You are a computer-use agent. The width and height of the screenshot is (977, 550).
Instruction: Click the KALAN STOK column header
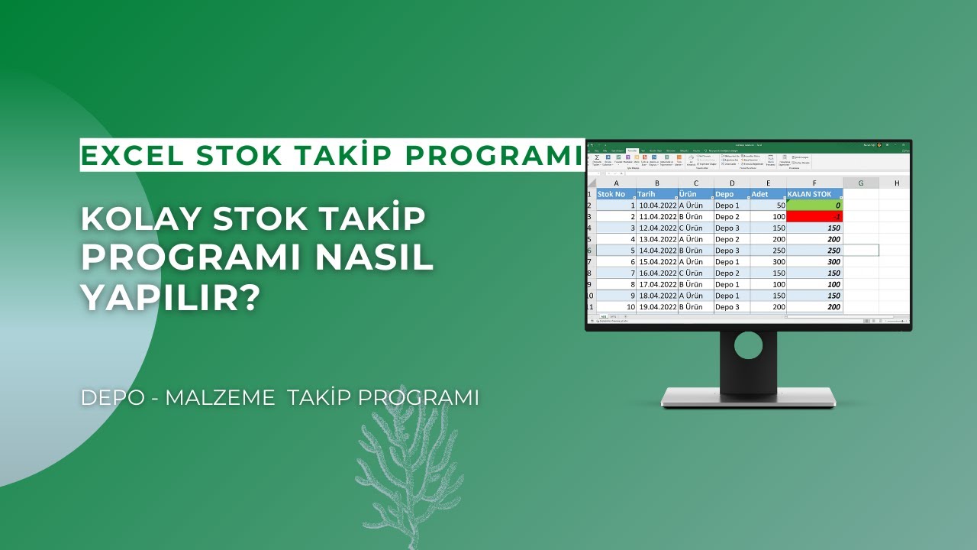pos(814,194)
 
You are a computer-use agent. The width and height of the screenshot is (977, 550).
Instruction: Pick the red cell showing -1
pos(814,217)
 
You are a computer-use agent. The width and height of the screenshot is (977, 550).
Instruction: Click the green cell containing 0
pos(814,205)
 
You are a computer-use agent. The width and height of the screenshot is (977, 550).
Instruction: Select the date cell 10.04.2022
pos(657,205)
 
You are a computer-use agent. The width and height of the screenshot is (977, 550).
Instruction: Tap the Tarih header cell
pos(656,194)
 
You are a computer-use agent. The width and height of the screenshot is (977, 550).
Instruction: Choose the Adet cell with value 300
pos(769,261)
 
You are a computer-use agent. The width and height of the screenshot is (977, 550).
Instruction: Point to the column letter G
pos(860,183)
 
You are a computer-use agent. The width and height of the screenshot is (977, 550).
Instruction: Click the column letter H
pos(896,183)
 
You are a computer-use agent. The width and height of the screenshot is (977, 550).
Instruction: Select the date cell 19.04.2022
pos(657,306)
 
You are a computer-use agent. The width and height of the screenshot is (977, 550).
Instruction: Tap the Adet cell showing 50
pos(769,205)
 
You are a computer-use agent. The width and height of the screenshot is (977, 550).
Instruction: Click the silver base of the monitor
pos(748,397)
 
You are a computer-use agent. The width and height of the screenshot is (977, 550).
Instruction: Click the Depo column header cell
pos(730,194)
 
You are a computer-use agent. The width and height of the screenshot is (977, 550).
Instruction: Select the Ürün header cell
pos(695,194)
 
